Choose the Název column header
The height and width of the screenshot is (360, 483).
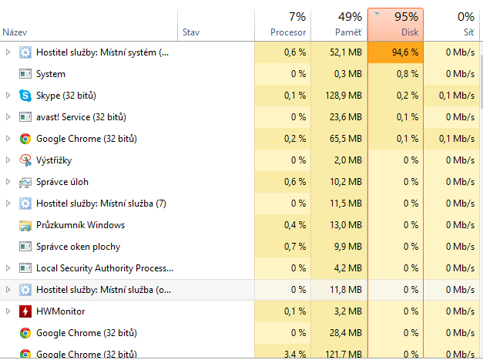coord(15,32)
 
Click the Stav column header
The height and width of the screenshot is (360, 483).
coord(191,32)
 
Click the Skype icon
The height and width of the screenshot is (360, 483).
coord(25,96)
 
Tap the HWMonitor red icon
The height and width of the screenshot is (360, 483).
coord(25,311)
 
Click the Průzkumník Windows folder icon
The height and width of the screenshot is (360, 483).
coord(25,225)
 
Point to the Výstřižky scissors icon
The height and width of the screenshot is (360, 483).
coord(25,160)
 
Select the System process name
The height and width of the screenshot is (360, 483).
coord(51,74)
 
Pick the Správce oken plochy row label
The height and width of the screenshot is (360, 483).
coord(78,247)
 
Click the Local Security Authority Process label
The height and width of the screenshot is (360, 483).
coord(105,268)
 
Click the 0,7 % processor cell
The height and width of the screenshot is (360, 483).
coord(294,247)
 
